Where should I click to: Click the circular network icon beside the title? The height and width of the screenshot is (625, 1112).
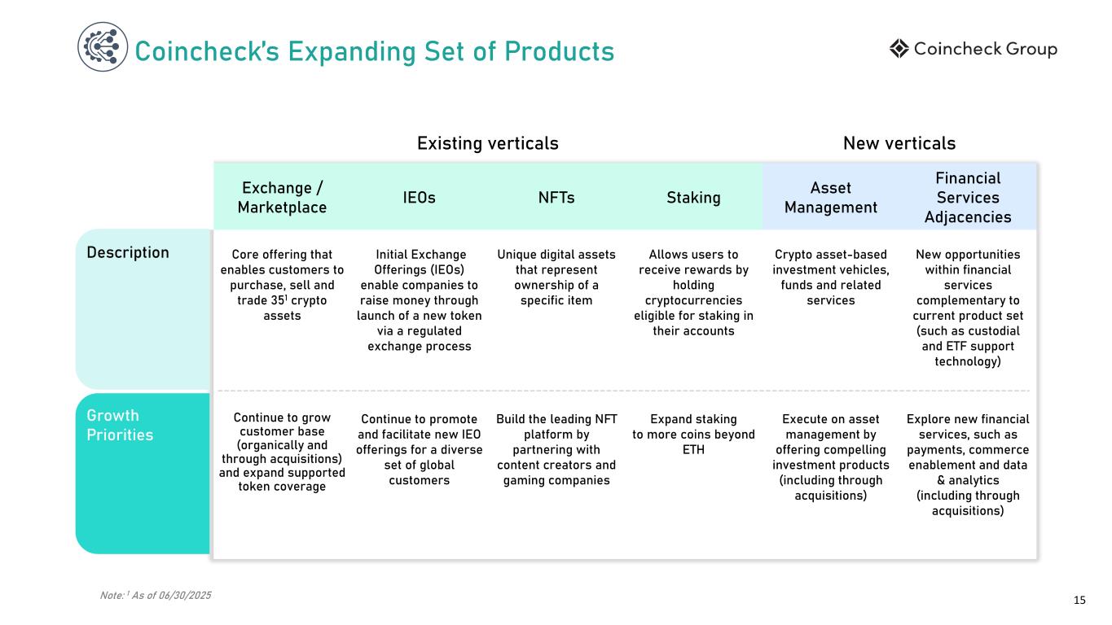point(103,46)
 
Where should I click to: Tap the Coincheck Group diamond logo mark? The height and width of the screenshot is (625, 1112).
point(899,49)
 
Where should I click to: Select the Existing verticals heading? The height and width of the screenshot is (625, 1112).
point(487,143)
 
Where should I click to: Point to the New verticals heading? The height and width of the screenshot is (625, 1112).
point(899,143)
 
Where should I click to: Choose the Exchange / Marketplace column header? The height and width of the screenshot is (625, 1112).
point(282,197)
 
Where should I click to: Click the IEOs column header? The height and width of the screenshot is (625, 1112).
point(419,197)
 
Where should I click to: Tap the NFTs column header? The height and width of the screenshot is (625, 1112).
point(556,197)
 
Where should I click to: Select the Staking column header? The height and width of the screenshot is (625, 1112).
point(694,197)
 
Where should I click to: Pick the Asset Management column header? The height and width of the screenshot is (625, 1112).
point(830,198)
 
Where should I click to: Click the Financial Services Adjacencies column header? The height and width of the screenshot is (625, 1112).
point(967,197)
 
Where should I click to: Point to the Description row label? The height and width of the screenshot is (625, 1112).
point(128,252)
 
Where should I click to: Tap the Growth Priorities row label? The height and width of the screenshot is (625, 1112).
point(120,426)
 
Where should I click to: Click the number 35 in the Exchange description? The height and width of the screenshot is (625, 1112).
point(261,301)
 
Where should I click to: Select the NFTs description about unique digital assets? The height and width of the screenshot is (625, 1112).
point(556,278)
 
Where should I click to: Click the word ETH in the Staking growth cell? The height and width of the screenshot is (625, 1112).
point(694,449)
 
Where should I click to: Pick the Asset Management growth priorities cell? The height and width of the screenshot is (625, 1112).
point(830,457)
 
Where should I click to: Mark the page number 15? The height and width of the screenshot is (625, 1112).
point(1079,601)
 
